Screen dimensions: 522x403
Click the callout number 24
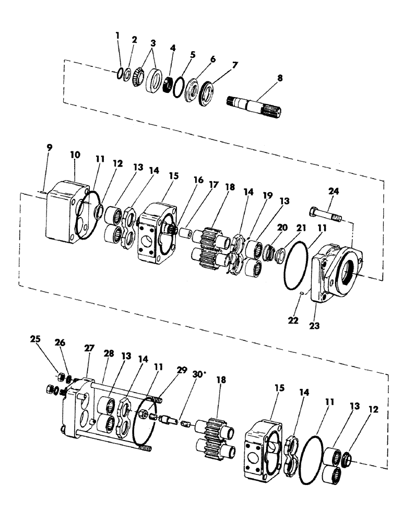pos(334,192)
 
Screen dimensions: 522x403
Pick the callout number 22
pos(293,321)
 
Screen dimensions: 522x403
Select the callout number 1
pos(117,35)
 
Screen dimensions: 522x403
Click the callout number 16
pos(198,180)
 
